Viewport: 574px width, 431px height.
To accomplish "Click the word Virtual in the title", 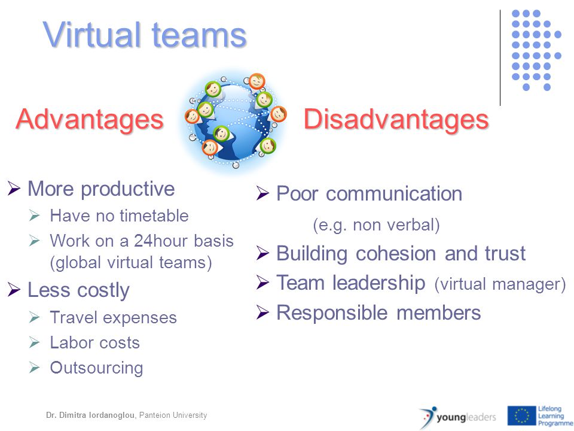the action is click(92, 35).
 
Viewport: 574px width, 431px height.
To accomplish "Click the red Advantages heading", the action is click(90, 120).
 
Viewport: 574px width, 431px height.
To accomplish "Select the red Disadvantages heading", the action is click(396, 119).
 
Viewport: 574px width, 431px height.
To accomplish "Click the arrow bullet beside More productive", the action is click(14, 189).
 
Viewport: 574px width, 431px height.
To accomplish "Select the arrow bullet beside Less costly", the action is click(14, 290).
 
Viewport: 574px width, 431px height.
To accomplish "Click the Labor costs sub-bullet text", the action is click(95, 342).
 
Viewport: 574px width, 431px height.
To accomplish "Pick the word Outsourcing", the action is click(97, 368).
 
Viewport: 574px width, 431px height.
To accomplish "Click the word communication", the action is click(394, 193).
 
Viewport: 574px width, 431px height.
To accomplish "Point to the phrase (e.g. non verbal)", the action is click(376, 224).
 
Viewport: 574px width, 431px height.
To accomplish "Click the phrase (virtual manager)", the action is click(500, 284).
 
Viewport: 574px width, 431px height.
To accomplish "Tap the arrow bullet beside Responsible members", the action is click(263, 312).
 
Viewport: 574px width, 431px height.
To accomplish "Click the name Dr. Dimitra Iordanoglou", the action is click(90, 415).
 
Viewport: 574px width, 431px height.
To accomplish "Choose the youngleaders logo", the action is click(458, 417).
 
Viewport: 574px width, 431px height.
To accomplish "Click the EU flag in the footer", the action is click(521, 415).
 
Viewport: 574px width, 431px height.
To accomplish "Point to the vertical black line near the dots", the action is click(500, 58).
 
